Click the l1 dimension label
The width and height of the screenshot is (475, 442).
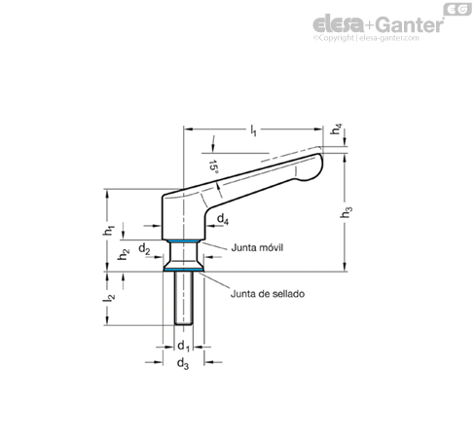click(253, 130)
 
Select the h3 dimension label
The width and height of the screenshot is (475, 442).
click(347, 212)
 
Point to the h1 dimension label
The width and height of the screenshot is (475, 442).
click(109, 230)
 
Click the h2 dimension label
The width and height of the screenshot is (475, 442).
click(124, 254)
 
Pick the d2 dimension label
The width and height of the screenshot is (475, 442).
click(144, 249)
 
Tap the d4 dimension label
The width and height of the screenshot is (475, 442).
click(223, 219)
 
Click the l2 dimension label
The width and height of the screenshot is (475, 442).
click(109, 297)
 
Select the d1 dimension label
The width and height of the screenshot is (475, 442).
click(183, 346)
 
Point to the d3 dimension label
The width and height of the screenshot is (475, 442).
click(183, 363)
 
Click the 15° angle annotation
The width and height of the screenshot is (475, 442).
click(213, 166)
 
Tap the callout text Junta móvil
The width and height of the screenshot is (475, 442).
click(257, 247)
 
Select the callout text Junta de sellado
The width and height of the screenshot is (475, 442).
click(268, 294)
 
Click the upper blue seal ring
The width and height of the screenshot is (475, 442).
click(183, 241)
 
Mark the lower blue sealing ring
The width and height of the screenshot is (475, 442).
click(183, 270)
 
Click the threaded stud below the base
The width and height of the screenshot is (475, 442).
click(184, 298)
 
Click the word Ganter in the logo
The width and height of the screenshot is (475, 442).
click(410, 24)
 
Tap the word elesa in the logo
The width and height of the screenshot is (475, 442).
click(339, 24)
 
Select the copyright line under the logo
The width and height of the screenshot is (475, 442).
click(366, 38)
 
